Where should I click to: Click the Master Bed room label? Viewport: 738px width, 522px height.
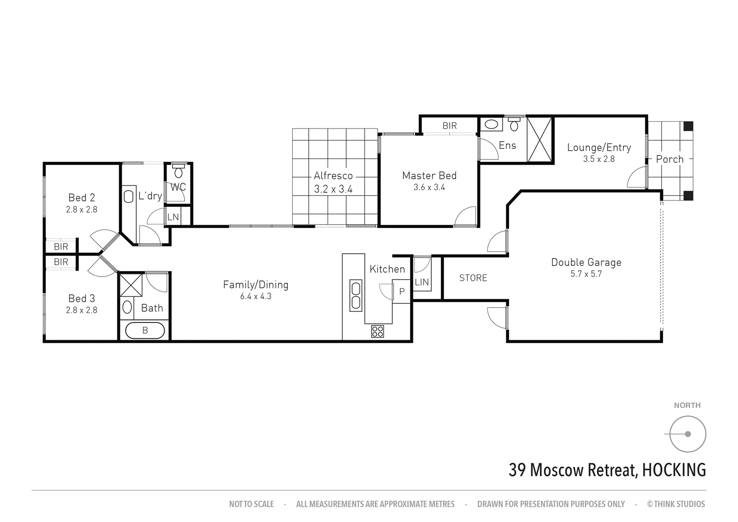point(429,176)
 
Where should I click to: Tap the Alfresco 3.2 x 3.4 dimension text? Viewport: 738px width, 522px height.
point(333,189)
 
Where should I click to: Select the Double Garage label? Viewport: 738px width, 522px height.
point(586,262)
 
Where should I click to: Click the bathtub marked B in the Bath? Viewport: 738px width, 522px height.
point(145,331)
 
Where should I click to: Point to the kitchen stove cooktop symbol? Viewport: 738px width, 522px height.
point(377,331)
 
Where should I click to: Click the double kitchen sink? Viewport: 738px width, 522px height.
point(356,295)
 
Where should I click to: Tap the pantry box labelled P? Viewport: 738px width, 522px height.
point(401,291)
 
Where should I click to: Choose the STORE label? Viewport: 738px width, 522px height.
point(473,278)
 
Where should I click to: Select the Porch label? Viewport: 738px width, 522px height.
point(669,159)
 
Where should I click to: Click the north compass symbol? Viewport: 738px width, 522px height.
point(687,434)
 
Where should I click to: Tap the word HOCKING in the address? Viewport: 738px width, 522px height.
point(674,470)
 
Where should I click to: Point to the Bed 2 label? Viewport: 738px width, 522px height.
point(82,198)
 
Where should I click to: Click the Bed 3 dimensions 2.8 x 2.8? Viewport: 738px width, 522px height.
point(82,310)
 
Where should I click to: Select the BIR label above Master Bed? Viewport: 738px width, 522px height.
point(449,126)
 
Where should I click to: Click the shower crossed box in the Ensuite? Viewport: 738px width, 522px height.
point(539,140)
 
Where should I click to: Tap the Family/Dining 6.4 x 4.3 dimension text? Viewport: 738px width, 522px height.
point(255,296)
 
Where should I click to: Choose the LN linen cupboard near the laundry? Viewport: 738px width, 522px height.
point(173,217)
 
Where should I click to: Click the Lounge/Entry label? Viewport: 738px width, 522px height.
point(598,147)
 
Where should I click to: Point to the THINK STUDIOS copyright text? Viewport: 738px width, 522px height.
point(676,504)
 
